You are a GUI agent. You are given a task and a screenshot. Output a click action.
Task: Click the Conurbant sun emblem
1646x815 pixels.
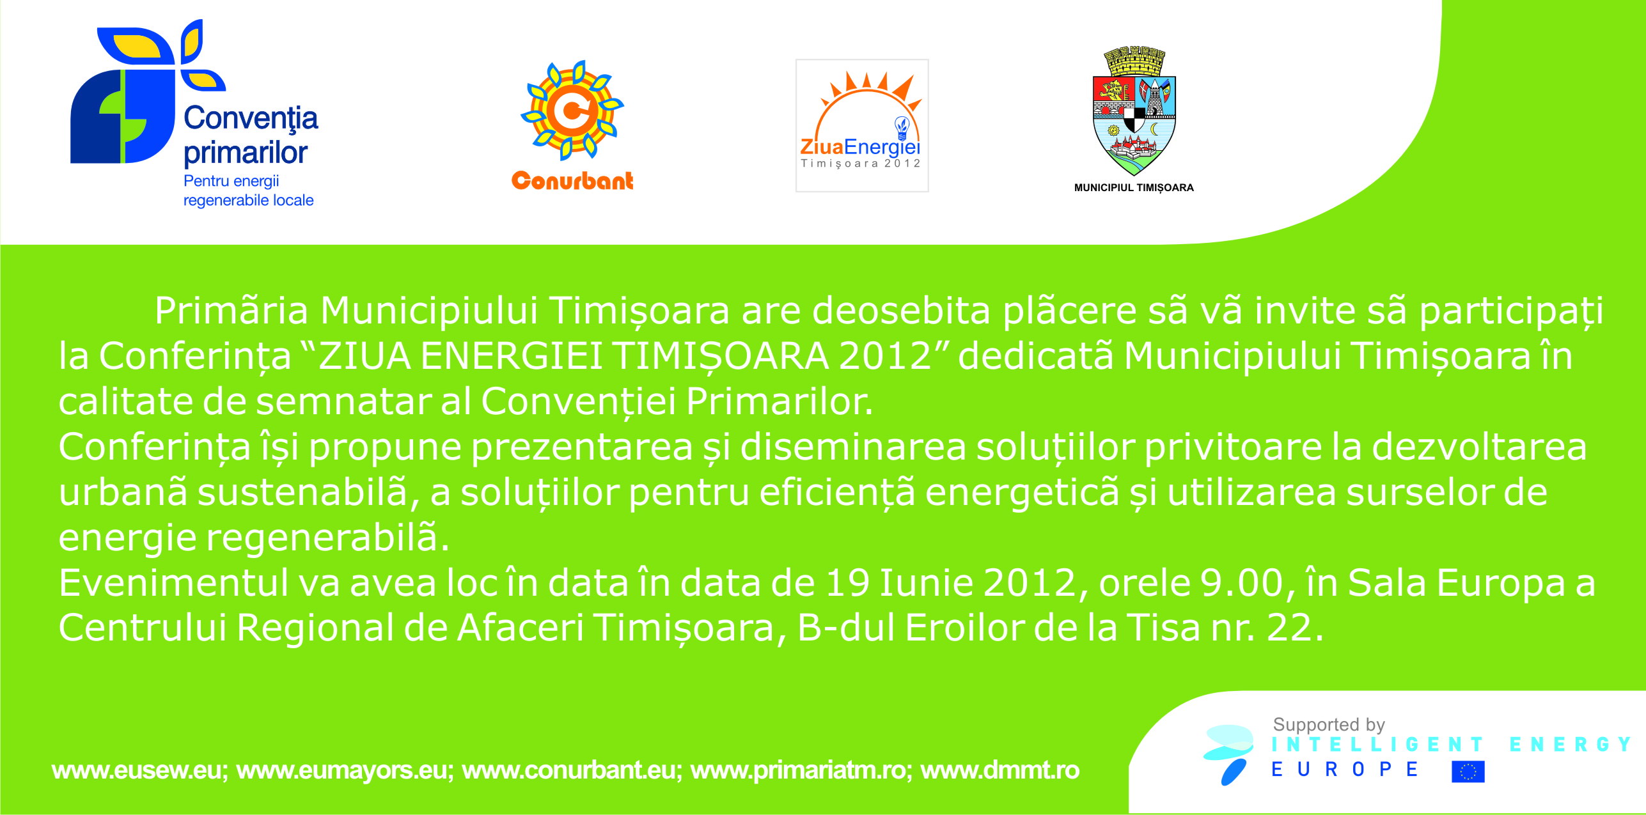[572, 110]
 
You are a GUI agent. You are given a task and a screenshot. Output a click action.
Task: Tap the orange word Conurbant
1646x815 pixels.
[572, 181]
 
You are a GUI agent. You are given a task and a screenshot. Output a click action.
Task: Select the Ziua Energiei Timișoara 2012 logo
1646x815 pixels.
[861, 125]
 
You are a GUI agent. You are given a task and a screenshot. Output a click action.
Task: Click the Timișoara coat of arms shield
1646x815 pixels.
[1134, 111]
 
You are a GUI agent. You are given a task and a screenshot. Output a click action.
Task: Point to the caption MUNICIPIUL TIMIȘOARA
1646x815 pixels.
[1134, 188]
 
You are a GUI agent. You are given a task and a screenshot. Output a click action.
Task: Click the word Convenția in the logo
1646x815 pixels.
[251, 119]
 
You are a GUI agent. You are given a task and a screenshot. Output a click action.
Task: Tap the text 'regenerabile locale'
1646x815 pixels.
[248, 200]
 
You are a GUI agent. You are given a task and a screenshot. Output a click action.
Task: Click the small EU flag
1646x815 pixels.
[1468, 772]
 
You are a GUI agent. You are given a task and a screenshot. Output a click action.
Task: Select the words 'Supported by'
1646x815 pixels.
[1329, 725]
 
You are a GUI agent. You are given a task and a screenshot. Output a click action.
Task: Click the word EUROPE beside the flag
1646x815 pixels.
[1345, 770]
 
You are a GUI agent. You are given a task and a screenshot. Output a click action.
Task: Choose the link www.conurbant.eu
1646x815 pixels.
[569, 771]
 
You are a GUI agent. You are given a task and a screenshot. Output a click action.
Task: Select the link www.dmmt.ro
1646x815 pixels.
[1000, 771]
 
